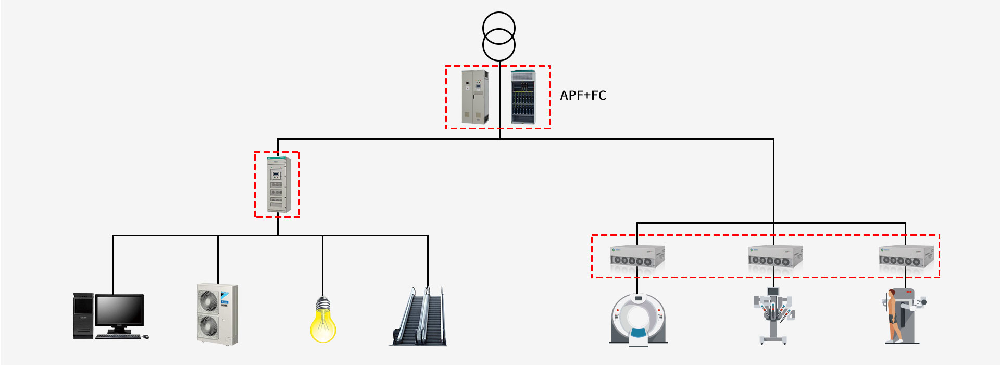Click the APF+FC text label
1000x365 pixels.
(583, 95)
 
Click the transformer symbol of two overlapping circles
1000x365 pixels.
(499, 36)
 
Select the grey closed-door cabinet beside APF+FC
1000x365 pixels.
(474, 97)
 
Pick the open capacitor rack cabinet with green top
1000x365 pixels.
(523, 97)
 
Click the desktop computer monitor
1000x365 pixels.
(120, 311)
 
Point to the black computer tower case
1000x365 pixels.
(83, 316)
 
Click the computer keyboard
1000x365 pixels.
(118, 336)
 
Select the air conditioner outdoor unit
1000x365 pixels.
(217, 314)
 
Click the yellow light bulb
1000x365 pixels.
(323, 324)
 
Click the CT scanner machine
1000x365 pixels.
(638, 319)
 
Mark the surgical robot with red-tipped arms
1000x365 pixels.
(773, 314)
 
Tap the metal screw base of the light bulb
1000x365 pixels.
(323, 303)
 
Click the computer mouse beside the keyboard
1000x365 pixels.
(145, 337)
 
